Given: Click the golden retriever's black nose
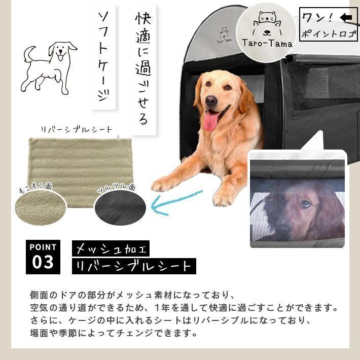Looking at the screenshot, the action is click(211, 101).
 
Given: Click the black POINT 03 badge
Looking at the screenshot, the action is click(43, 257).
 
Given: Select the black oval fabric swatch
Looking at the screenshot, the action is click(120, 208).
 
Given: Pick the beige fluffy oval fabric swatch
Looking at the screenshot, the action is click(41, 208).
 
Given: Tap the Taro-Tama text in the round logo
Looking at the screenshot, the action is click(267, 43).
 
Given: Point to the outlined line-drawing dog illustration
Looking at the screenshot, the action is click(49, 68).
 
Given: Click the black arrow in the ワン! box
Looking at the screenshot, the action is click(346, 17).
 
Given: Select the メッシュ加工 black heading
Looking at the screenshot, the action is click(111, 248).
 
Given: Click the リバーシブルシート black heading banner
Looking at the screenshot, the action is click(134, 266).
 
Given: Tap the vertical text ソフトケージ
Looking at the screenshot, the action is click(103, 57).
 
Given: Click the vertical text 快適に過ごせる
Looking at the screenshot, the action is click(143, 68).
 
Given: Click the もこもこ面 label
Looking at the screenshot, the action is click(35, 187).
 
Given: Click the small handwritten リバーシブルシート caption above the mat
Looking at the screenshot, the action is click(77, 130).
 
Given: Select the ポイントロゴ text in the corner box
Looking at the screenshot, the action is click(329, 34).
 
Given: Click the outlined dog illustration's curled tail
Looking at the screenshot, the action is click(29, 54).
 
